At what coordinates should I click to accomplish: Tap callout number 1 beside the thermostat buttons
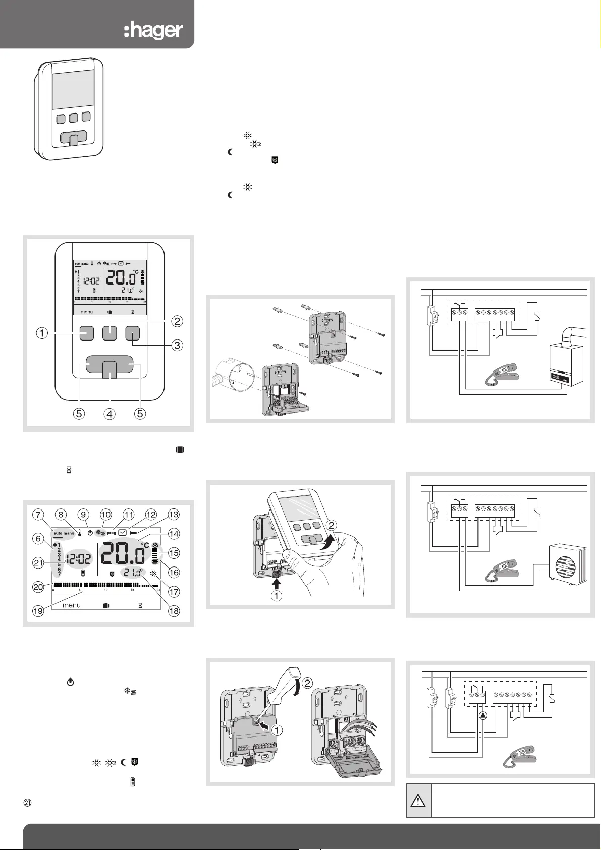[x=42, y=333]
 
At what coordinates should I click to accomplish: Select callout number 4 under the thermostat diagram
[x=110, y=414]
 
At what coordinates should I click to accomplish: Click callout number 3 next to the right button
[x=177, y=346]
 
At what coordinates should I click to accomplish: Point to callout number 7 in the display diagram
[x=38, y=515]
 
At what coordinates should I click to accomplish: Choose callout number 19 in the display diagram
[x=38, y=611]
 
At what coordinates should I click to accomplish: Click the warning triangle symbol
[x=419, y=801]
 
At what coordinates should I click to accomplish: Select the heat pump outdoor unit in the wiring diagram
[x=567, y=563]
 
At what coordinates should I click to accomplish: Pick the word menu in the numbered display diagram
[x=71, y=605]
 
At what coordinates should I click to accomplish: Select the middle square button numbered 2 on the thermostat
[x=110, y=333]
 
